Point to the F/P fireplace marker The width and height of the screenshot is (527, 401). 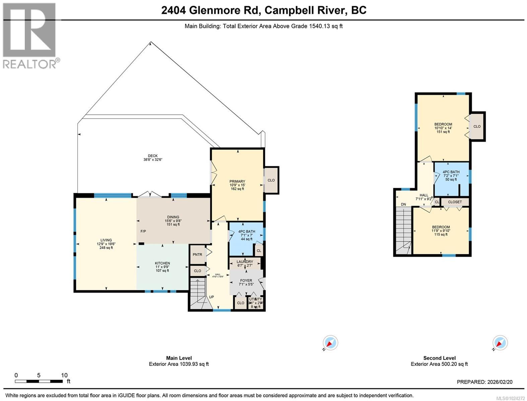coord(143,231)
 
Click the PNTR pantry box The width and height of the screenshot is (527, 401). coord(197,255)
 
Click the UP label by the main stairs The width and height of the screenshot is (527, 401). coord(211,297)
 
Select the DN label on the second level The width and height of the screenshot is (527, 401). coord(403,205)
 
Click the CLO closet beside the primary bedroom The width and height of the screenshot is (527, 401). coord(271,180)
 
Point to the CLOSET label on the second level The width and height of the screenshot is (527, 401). coord(455,202)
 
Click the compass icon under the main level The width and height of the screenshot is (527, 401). coord(330,343)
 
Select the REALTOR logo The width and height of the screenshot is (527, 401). coord(29,35)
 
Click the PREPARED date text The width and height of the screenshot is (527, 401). coord(489,382)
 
